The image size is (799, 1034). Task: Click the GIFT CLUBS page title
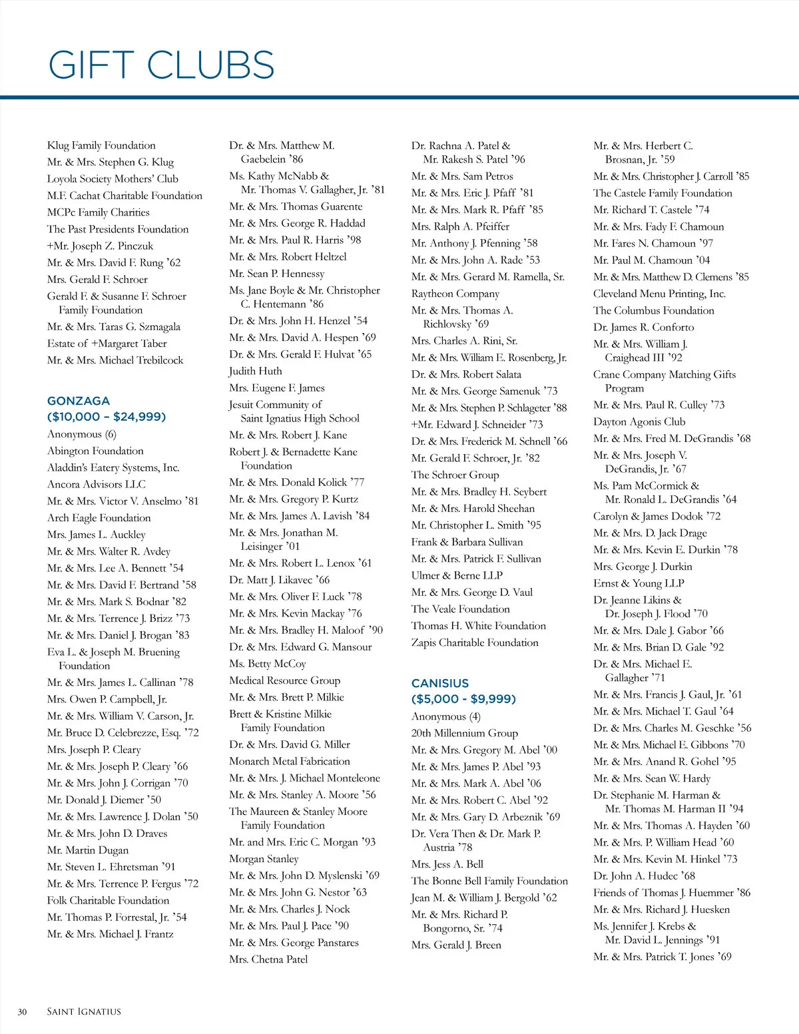pyautogui.click(x=161, y=65)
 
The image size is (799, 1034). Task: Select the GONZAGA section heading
pyautogui.click(x=79, y=401)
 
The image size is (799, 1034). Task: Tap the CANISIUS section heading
pyautogui.click(x=440, y=683)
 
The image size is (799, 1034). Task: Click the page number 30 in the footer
pyautogui.click(x=22, y=1012)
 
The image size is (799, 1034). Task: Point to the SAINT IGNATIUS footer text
pyautogui.click(x=84, y=1012)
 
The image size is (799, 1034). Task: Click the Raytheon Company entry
pyautogui.click(x=455, y=294)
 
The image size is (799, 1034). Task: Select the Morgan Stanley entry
pyautogui.click(x=264, y=859)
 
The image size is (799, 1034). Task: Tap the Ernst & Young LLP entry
pyautogui.click(x=639, y=583)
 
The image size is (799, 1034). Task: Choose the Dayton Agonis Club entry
pyautogui.click(x=639, y=421)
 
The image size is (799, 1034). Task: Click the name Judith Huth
pyautogui.click(x=256, y=371)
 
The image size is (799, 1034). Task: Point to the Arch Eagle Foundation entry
pyautogui.click(x=99, y=517)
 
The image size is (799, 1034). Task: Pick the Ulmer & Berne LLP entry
pyautogui.click(x=457, y=575)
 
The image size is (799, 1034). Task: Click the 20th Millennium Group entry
pyautogui.click(x=464, y=733)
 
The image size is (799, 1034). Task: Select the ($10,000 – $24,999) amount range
pyautogui.click(x=107, y=417)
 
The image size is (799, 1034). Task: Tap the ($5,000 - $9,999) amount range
pyautogui.click(x=463, y=699)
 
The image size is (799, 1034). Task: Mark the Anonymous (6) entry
pyautogui.click(x=81, y=434)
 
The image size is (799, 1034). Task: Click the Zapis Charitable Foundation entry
pyautogui.click(x=475, y=643)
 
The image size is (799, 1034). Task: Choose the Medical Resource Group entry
pyautogui.click(x=284, y=680)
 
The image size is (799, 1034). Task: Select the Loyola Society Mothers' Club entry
pyautogui.click(x=113, y=178)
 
